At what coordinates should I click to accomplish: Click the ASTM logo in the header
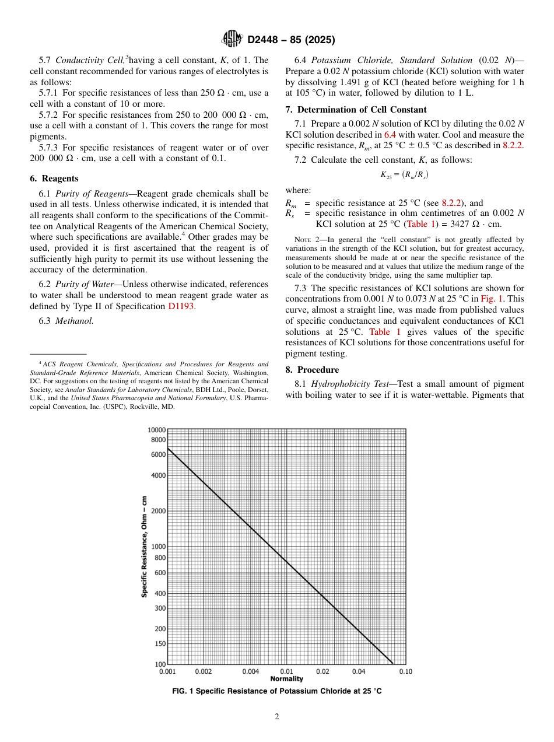pyautogui.click(x=233, y=40)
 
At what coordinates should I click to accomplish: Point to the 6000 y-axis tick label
pyautogui.click(x=158, y=454)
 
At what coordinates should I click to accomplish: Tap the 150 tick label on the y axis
pyautogui.click(x=159, y=644)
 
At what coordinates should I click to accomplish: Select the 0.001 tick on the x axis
pyautogui.click(x=167, y=671)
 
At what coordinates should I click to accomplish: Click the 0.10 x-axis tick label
pyautogui.click(x=405, y=671)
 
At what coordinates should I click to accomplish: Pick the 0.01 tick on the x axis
pyautogui.click(x=286, y=671)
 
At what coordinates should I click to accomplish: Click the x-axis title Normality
pyautogui.click(x=286, y=679)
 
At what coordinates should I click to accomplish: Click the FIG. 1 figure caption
pyautogui.click(x=277, y=691)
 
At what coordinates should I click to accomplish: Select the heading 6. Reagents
pyautogui.click(x=54, y=178)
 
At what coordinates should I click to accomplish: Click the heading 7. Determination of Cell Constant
pyautogui.click(x=356, y=110)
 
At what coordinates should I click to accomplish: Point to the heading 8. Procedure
pyautogui.click(x=312, y=370)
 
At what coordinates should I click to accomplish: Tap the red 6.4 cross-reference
pyautogui.click(x=390, y=135)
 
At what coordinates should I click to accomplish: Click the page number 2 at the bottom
pyautogui.click(x=277, y=717)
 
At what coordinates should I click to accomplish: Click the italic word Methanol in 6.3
pyautogui.click(x=74, y=321)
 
